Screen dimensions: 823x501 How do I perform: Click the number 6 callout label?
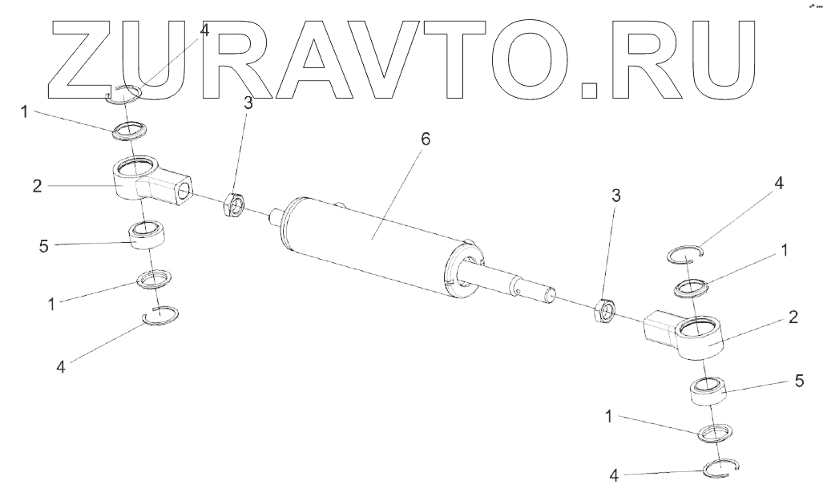(x=425, y=139)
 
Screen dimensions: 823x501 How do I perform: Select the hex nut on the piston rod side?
(x=604, y=309)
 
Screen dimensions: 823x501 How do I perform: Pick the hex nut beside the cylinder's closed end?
(x=233, y=204)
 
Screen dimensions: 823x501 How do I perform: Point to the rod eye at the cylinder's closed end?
(x=144, y=180)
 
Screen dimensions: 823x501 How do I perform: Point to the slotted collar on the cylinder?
(x=464, y=272)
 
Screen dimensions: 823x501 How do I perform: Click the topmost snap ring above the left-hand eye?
(x=125, y=94)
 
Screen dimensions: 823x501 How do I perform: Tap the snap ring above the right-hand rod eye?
(x=685, y=255)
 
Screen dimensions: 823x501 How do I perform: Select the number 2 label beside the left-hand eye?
(x=37, y=187)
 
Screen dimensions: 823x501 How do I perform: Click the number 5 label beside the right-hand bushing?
(x=799, y=382)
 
